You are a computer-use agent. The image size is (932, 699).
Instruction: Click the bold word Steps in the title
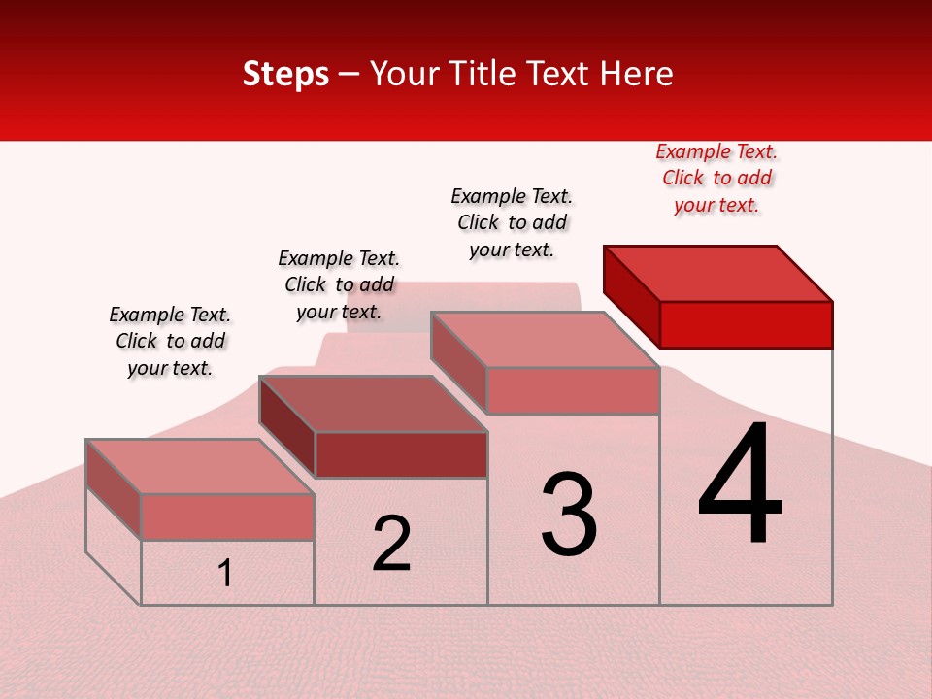pos(285,74)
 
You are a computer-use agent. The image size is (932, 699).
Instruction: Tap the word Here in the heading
pos(636,74)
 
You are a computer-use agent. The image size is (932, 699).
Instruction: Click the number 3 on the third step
pos(568,515)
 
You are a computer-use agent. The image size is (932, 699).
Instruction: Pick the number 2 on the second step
pos(391,544)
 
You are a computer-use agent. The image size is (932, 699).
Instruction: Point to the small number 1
pos(224,574)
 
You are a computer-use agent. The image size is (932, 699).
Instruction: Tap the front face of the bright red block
pos(746,324)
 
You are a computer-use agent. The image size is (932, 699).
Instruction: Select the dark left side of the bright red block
pos(632,295)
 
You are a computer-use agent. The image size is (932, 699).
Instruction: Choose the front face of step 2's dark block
pos(401,454)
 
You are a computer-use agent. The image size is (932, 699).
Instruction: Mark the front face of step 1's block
pos(227,516)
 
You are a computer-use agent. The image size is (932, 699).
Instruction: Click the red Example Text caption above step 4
pos(716,178)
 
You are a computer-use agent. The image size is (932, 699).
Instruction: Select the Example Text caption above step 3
pos(512,222)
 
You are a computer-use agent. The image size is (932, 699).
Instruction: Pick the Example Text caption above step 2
pos(339,284)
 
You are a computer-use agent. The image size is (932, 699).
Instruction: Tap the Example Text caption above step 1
pos(170,341)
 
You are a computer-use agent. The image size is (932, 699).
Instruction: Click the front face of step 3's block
pos(573,390)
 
